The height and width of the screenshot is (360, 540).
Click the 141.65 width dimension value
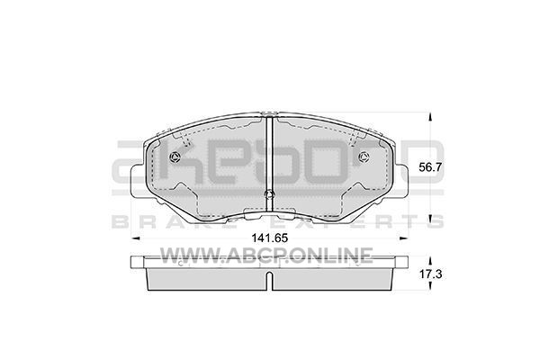269,238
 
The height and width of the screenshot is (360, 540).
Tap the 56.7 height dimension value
430,167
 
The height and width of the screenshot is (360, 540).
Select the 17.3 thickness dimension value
430,274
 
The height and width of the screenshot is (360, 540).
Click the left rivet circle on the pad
175,157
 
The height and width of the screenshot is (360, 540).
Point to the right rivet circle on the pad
364,157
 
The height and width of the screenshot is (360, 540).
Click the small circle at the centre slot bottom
270,195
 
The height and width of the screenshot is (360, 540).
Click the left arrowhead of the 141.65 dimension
135,238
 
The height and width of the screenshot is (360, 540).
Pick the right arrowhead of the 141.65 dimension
403,238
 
